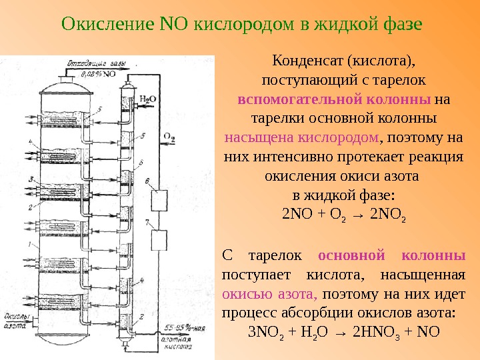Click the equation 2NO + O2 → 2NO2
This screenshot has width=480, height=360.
(x=344, y=215)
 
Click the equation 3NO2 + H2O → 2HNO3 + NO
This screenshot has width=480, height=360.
(x=343, y=332)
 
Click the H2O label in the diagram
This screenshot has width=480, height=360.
(x=148, y=99)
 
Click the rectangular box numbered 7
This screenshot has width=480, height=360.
(x=159, y=239)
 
